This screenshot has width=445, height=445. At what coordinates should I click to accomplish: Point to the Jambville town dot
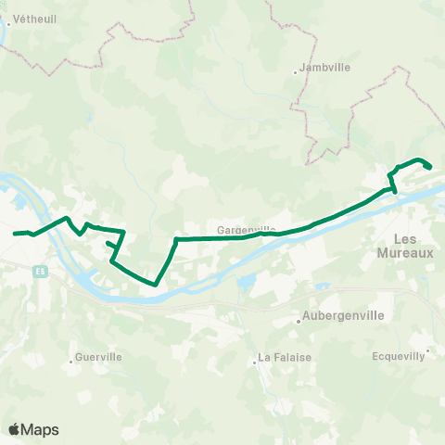[296, 70]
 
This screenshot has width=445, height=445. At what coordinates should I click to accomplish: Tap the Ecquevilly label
[399, 355]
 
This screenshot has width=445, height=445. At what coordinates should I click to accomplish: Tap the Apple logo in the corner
[15, 429]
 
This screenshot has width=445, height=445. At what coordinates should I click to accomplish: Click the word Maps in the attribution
[41, 430]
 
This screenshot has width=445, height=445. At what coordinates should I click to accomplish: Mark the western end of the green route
[15, 233]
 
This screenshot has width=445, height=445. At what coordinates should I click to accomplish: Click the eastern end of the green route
[431, 167]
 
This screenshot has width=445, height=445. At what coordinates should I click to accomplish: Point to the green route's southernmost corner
[155, 285]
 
